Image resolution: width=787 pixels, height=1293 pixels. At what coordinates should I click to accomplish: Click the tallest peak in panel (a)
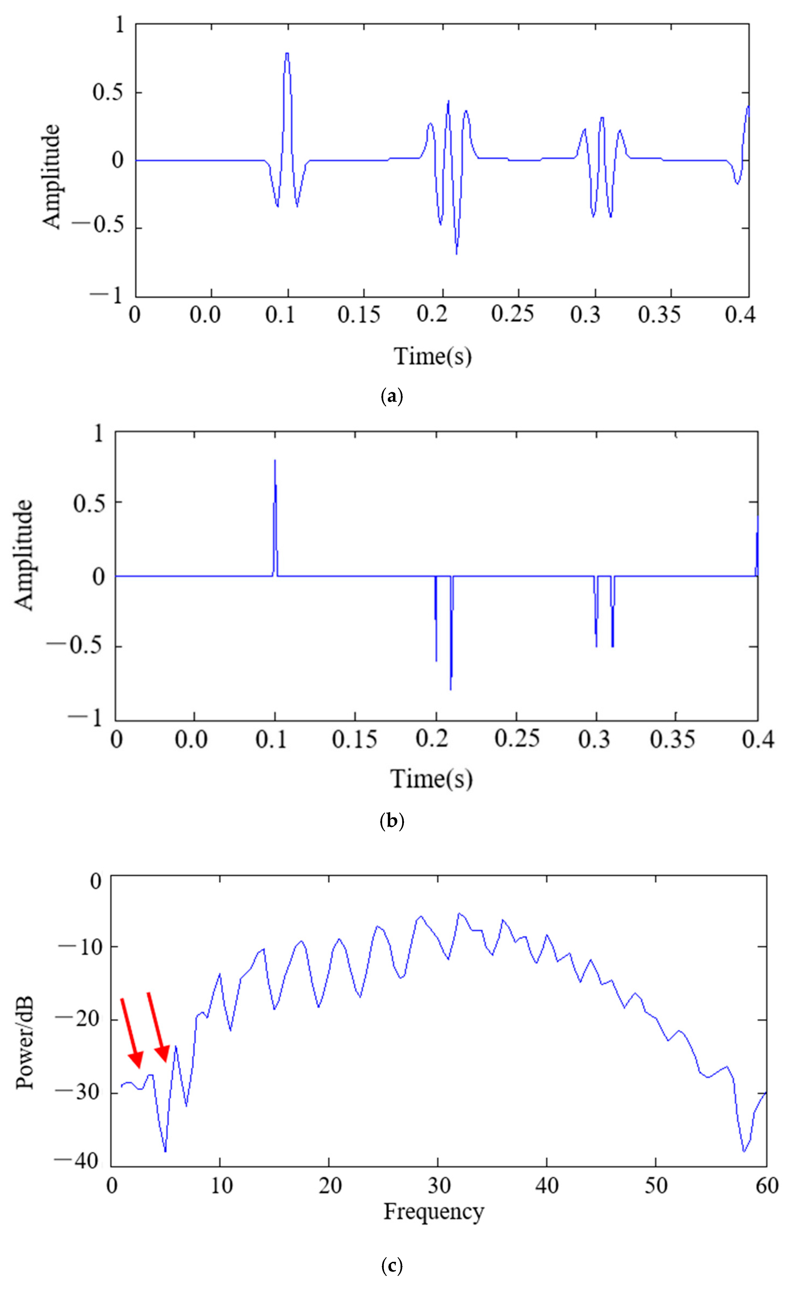click(x=287, y=53)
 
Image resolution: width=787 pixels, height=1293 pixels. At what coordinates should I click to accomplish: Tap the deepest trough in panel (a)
click(x=456, y=253)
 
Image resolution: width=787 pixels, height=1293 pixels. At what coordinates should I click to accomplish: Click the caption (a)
click(x=391, y=396)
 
